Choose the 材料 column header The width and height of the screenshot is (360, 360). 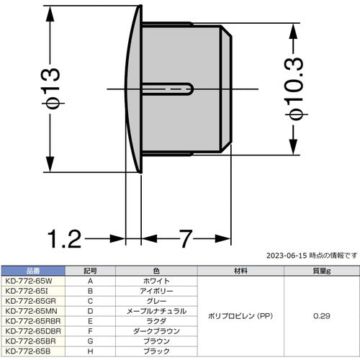click(x=240, y=271)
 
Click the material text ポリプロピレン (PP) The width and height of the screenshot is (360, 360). click(x=240, y=316)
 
